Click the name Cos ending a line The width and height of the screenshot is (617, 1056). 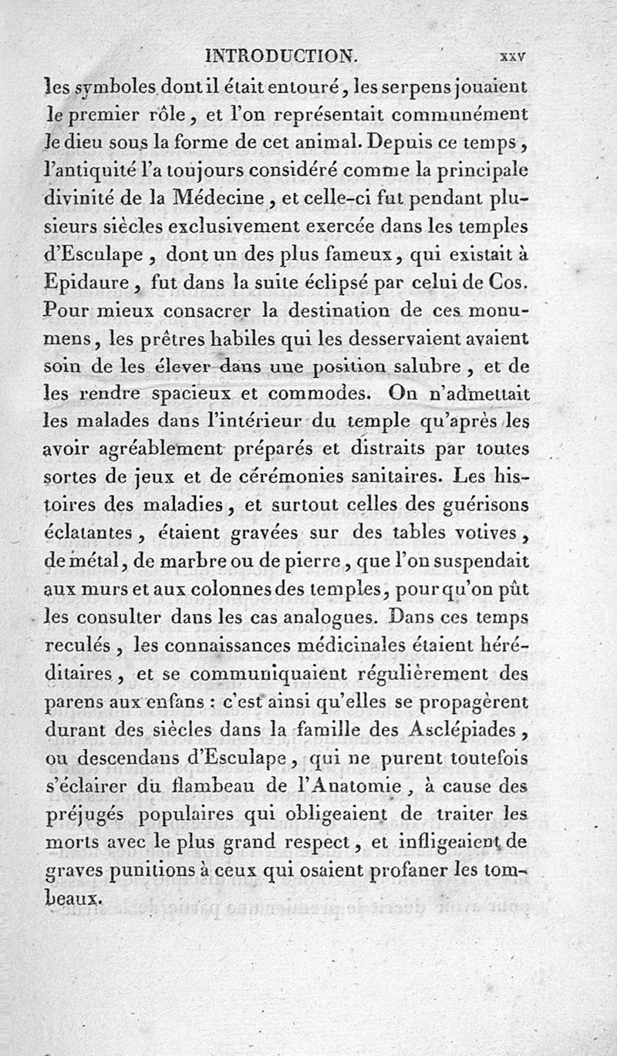click(509, 283)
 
